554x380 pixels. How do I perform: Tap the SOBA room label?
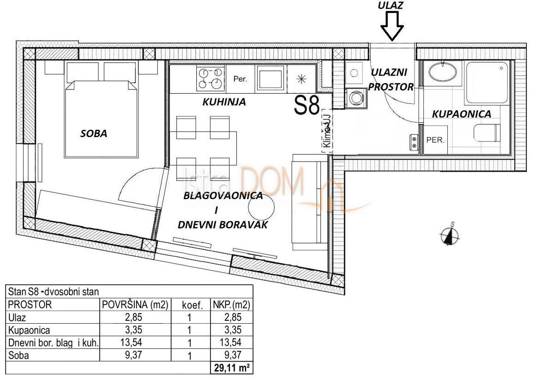click(x=94, y=134)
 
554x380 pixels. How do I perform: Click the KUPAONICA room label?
click(x=461, y=114)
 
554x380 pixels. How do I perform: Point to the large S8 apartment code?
click(x=307, y=106)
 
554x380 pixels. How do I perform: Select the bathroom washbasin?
click(x=442, y=72)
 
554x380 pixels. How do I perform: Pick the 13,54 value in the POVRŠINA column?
click(x=135, y=343)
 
